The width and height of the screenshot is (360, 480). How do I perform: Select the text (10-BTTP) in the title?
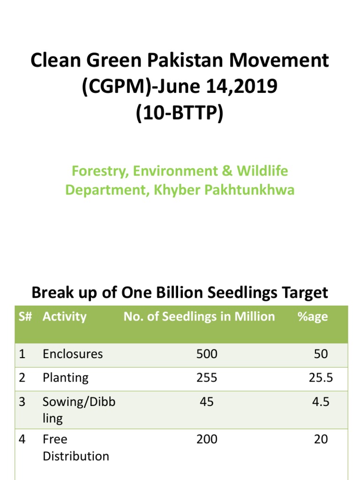coord(180,113)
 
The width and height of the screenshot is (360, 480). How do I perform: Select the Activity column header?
coord(65,316)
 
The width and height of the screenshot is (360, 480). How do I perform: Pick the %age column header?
coord(312,316)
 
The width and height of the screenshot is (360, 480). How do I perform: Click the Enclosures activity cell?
coord(73,354)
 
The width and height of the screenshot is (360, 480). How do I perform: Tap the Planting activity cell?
coord(66,378)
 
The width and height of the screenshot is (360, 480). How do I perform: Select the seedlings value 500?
coord(207,354)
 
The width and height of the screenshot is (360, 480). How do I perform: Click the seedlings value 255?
coord(207,378)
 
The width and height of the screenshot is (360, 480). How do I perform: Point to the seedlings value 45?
coord(207,402)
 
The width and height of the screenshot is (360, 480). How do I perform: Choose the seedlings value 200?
coord(207,439)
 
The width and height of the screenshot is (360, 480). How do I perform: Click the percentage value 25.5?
coord(321,378)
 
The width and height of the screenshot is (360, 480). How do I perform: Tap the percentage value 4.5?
coord(321,402)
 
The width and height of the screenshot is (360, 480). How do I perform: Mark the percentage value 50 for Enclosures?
coord(321,354)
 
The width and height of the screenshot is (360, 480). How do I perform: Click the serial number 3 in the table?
coord(22,402)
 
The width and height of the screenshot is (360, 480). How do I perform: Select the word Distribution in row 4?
coord(76,456)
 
